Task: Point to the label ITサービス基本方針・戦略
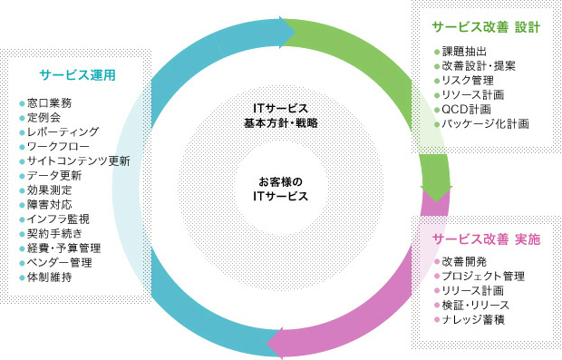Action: click(x=281, y=112)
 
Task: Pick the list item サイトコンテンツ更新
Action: click(x=79, y=161)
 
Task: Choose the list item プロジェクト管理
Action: click(x=481, y=276)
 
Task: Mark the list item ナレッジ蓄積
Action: click(x=472, y=318)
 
